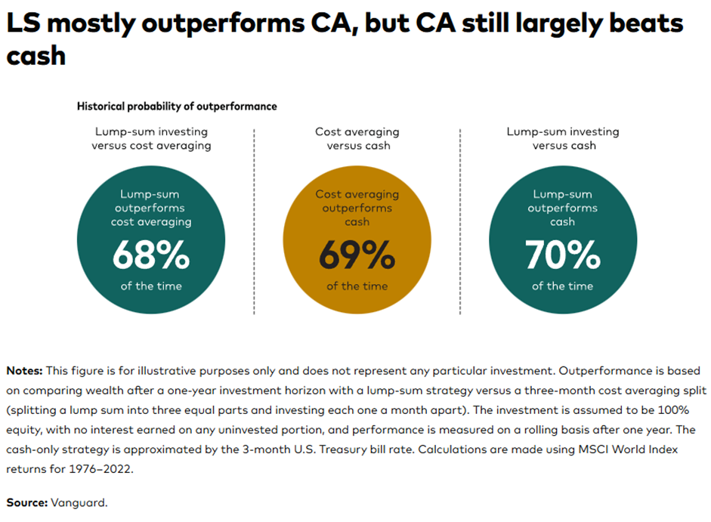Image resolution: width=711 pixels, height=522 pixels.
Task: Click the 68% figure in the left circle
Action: [x=150, y=255]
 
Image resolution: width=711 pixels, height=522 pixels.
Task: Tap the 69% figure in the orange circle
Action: [x=357, y=255]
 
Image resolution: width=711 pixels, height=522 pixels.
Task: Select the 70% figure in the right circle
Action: [x=563, y=255]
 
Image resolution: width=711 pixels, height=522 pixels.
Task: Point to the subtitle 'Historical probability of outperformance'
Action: [x=177, y=107]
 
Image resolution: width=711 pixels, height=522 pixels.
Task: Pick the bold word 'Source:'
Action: [x=26, y=502]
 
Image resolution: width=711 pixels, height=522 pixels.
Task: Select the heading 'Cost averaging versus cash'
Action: [x=357, y=138]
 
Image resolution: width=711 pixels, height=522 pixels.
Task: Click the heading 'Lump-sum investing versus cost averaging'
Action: [x=150, y=138]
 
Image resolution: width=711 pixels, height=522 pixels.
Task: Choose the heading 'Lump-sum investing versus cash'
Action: [x=563, y=138]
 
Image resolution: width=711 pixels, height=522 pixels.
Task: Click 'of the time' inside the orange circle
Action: [x=357, y=286]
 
